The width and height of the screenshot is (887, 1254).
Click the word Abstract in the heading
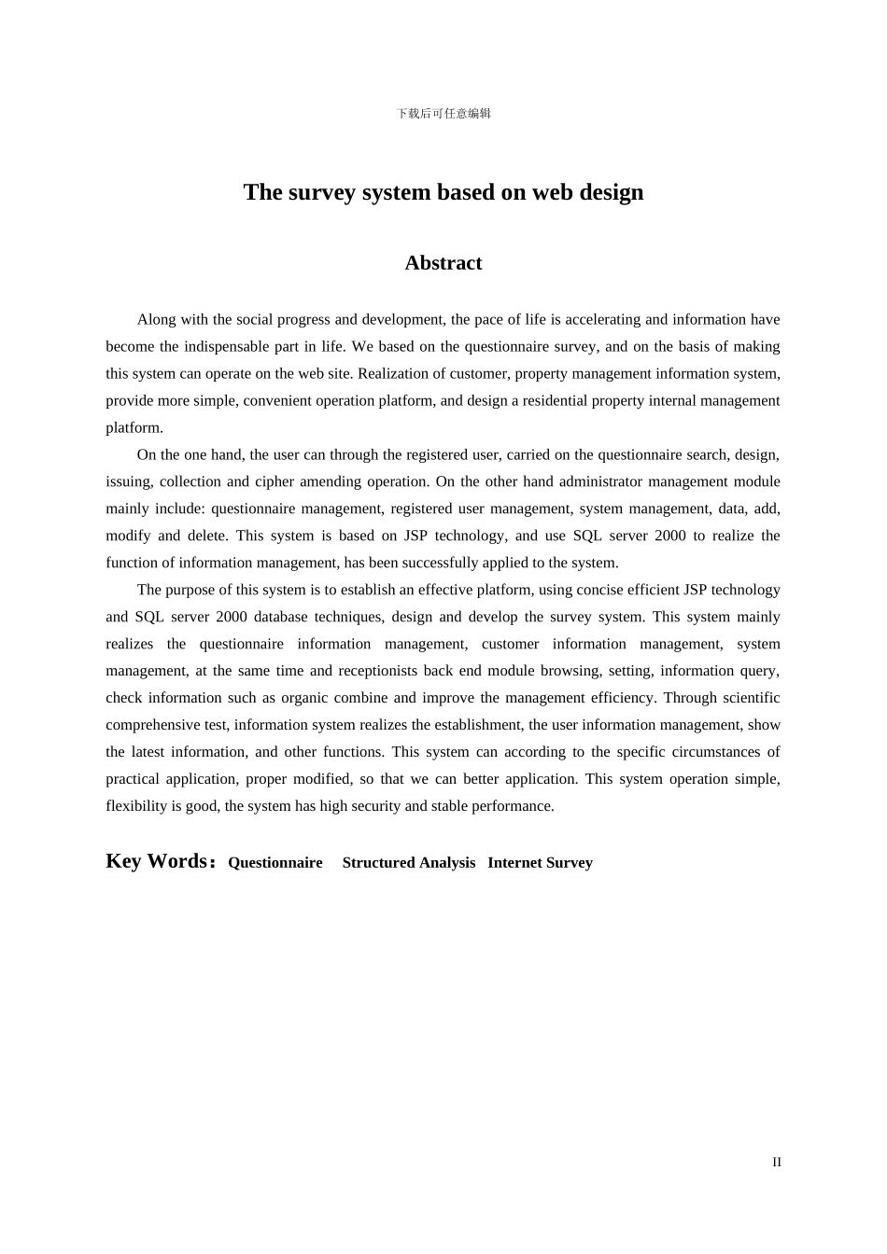(443, 263)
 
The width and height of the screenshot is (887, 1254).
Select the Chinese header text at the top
(443, 114)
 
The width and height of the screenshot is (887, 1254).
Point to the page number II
(777, 1163)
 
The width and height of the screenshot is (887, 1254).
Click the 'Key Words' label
(157, 861)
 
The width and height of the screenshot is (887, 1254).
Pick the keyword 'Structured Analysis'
(409, 863)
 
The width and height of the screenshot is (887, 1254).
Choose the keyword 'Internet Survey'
(540, 863)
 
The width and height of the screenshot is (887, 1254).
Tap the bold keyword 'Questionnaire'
(275, 863)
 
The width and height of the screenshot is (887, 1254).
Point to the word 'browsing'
(570, 672)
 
